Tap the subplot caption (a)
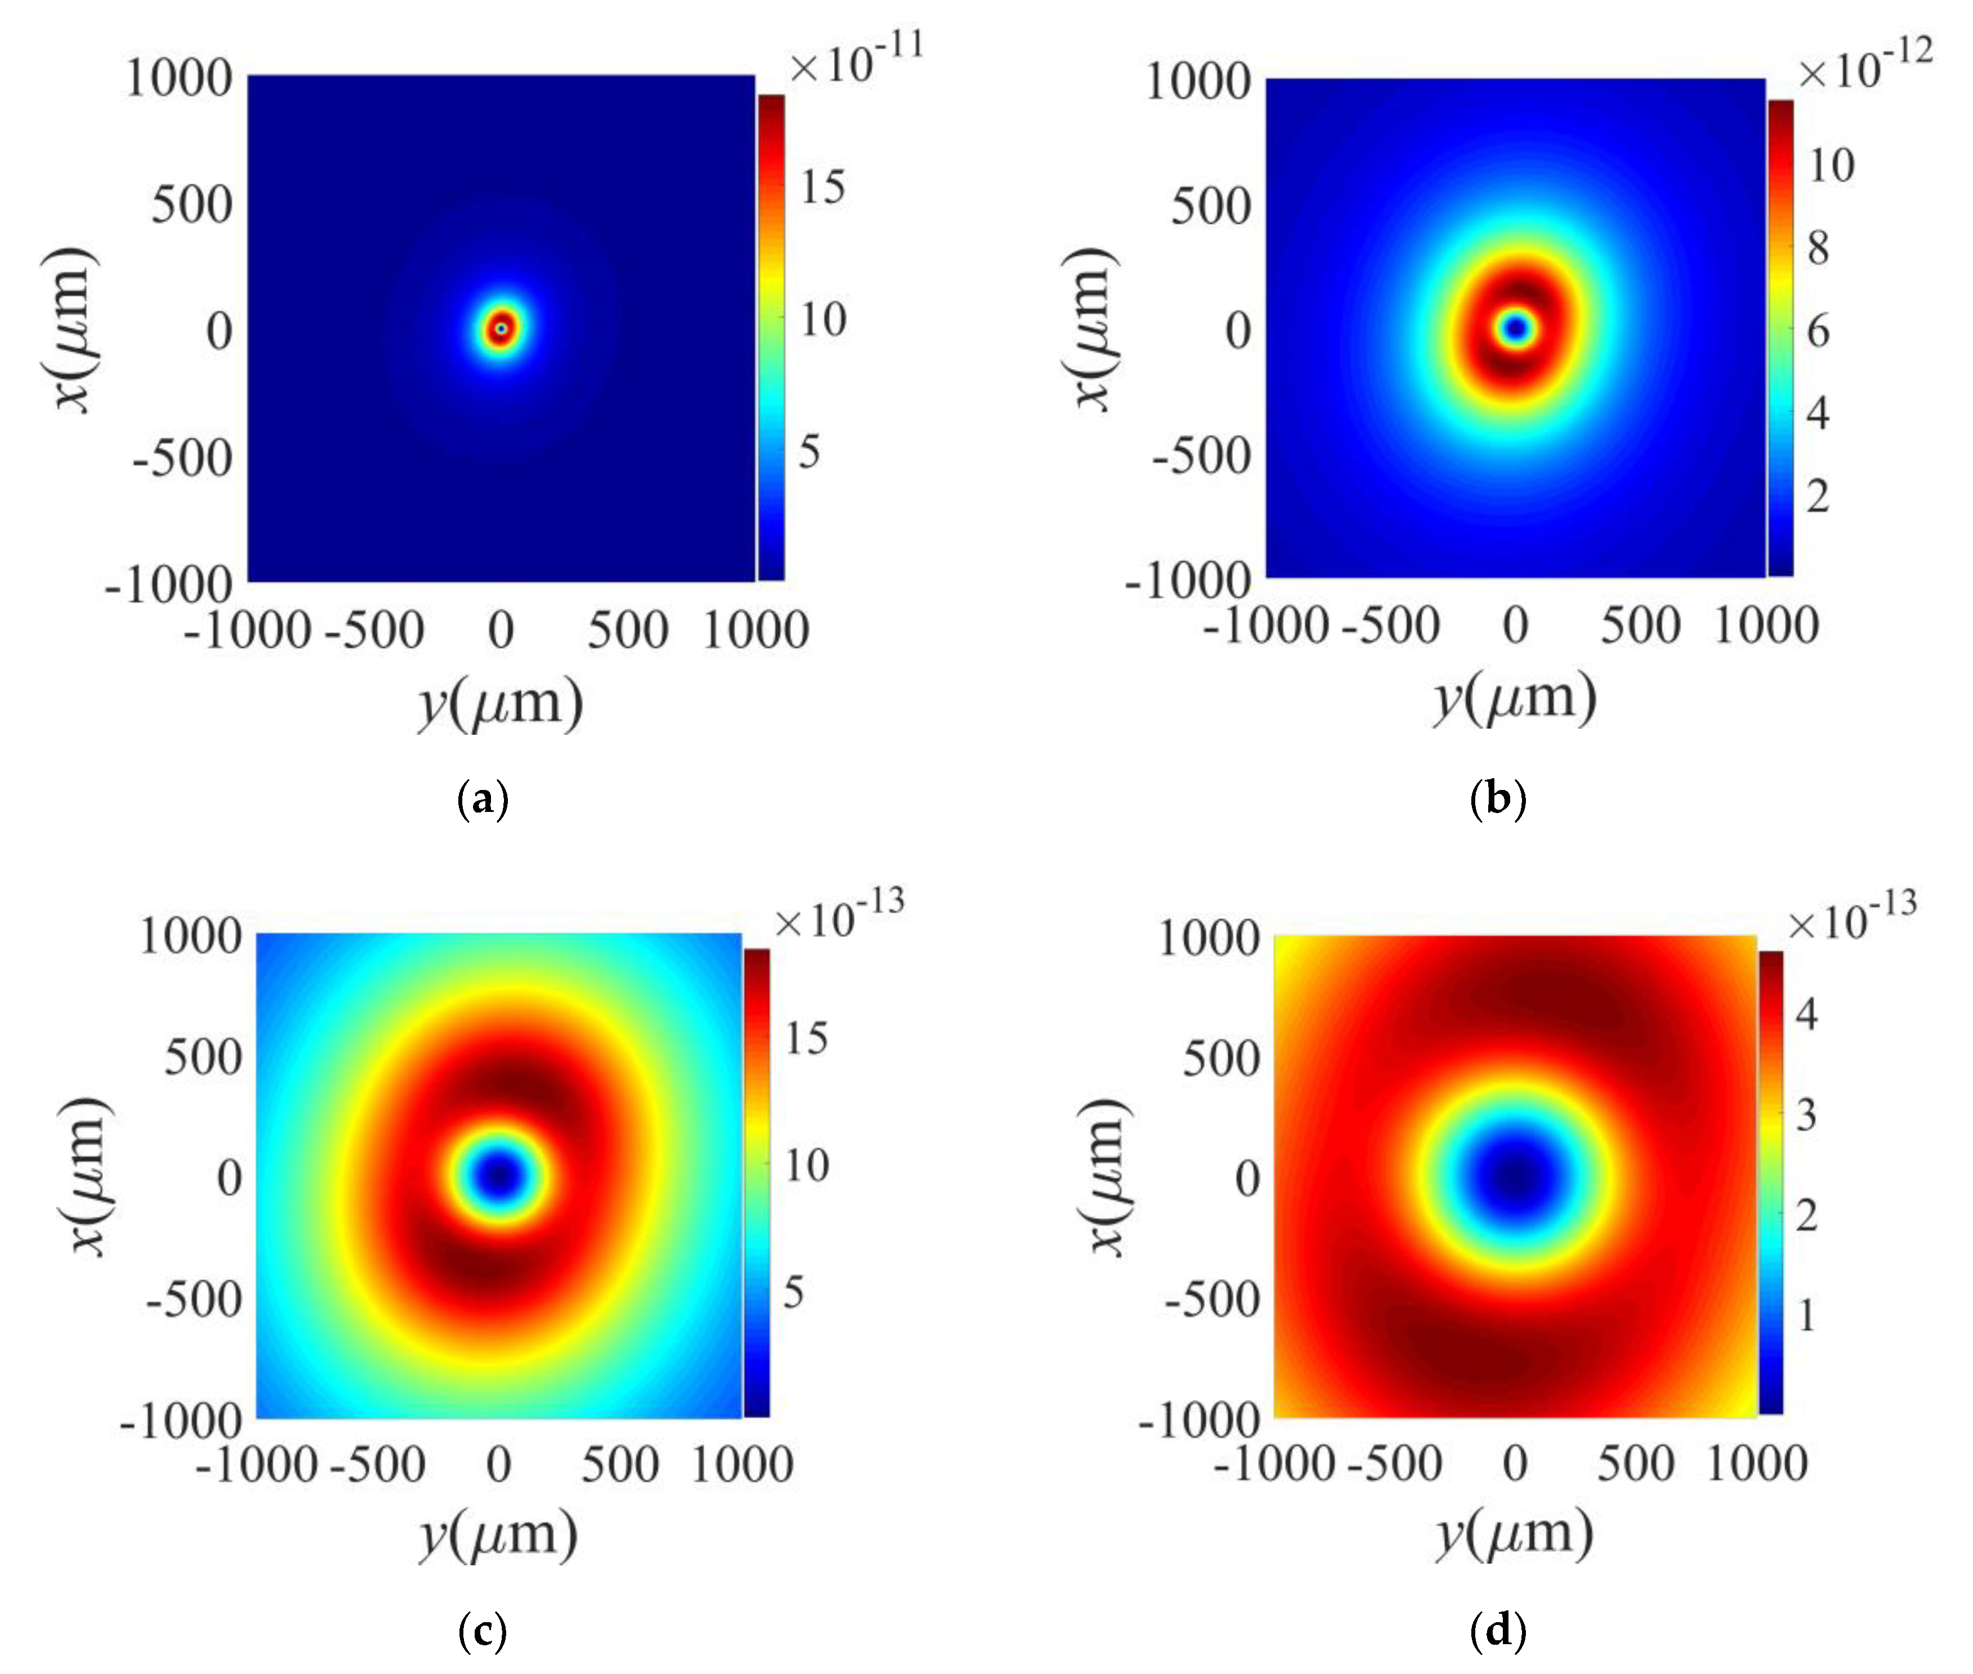[483, 799]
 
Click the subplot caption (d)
[1498, 1630]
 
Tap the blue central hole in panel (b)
[1516, 328]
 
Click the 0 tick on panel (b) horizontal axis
[1516, 626]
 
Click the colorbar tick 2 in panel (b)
[1816, 495]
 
